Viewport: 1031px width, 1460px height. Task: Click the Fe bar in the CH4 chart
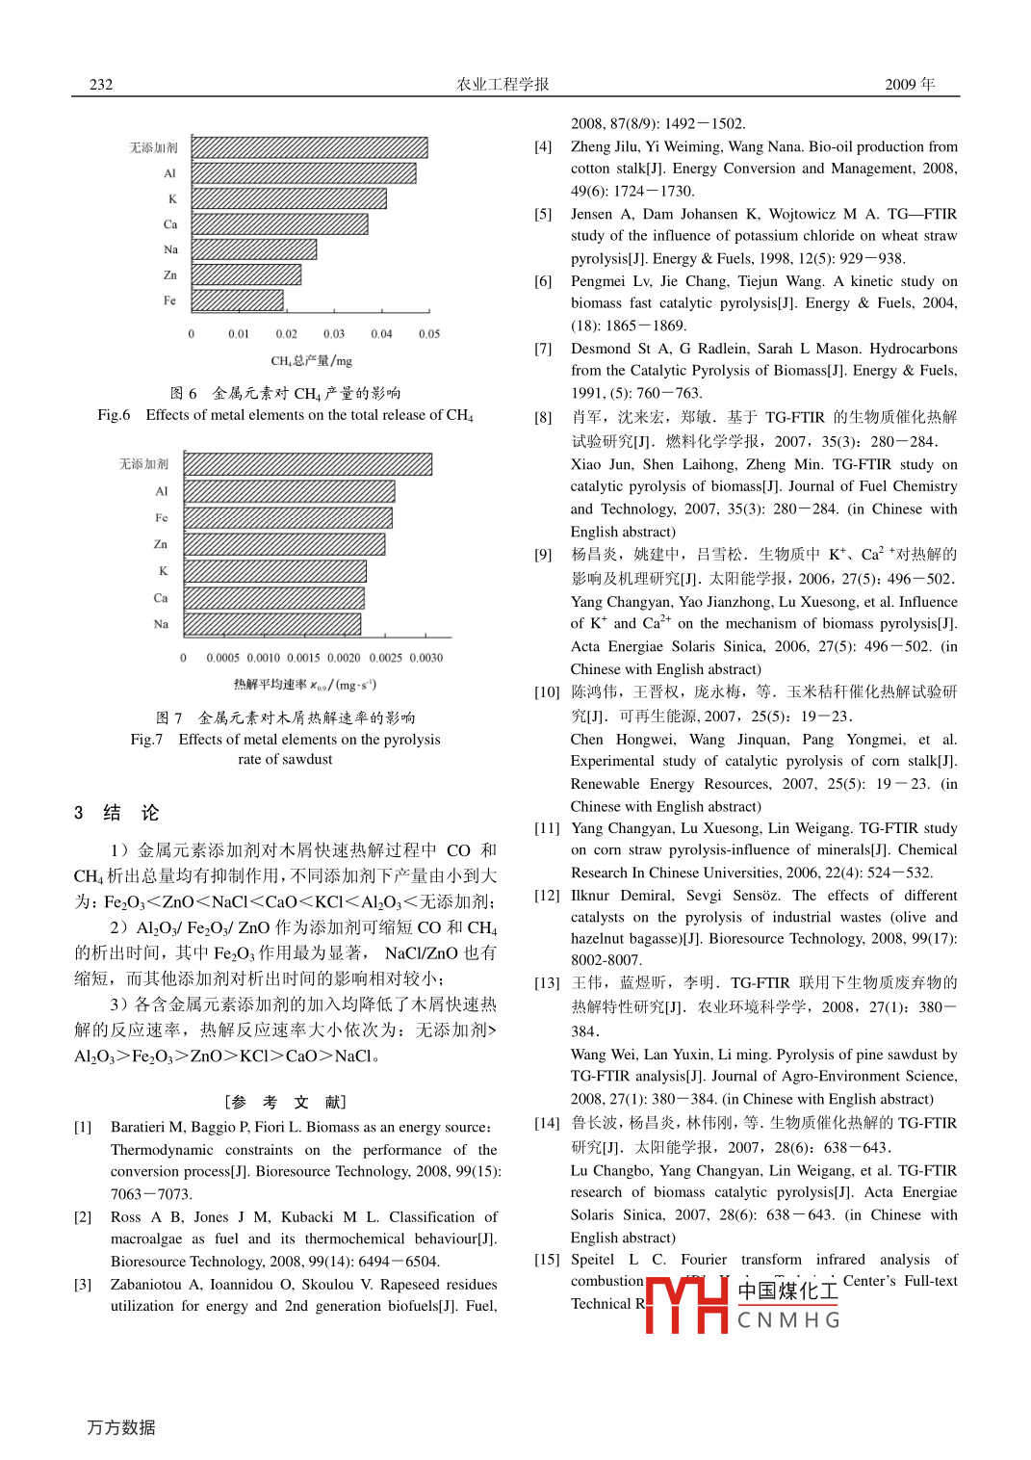pyautogui.click(x=237, y=300)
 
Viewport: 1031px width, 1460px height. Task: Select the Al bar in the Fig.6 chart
pyautogui.click(x=303, y=173)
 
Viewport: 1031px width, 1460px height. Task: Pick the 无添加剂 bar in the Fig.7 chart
pyautogui.click(x=307, y=464)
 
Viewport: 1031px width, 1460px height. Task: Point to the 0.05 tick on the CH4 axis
pyautogui.click(x=429, y=334)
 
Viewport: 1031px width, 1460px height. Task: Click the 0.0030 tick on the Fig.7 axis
pyautogui.click(x=425, y=658)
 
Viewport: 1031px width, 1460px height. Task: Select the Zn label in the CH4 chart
pyautogui.click(x=170, y=275)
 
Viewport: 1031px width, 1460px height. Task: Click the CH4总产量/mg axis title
pyautogui.click(x=311, y=361)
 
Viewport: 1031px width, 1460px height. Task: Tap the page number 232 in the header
pyautogui.click(x=101, y=85)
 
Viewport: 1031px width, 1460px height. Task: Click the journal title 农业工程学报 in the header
pyautogui.click(x=503, y=85)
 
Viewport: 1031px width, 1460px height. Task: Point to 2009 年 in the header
pyautogui.click(x=910, y=85)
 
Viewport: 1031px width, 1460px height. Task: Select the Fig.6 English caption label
pyautogui.click(x=114, y=415)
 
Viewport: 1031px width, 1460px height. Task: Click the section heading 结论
pyautogui.click(x=131, y=813)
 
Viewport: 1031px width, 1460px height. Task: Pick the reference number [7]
pyautogui.click(x=543, y=349)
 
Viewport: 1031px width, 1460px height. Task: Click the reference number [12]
pyautogui.click(x=547, y=896)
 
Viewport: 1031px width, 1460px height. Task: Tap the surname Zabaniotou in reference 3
pyautogui.click(x=146, y=1285)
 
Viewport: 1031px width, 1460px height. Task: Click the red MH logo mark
pyautogui.click(x=686, y=1304)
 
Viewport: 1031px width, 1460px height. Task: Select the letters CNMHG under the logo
pyautogui.click(x=788, y=1320)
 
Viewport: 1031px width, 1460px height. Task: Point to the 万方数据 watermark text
pyautogui.click(x=121, y=1427)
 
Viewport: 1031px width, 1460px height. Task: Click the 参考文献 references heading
pyautogui.click(x=285, y=1102)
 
